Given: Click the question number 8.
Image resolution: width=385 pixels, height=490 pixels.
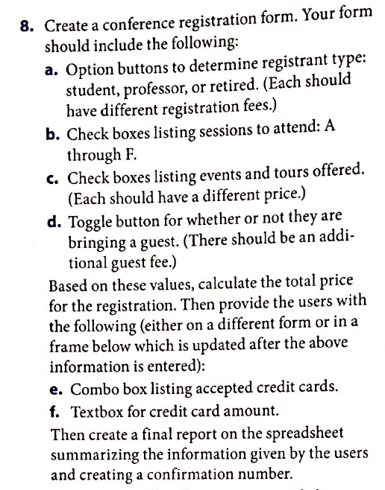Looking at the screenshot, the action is [26, 25].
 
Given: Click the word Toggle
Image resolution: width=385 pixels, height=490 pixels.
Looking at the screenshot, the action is [92, 220].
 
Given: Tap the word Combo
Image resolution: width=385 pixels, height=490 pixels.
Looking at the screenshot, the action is [93, 389].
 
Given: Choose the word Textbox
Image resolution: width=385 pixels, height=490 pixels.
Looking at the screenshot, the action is [98, 410].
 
